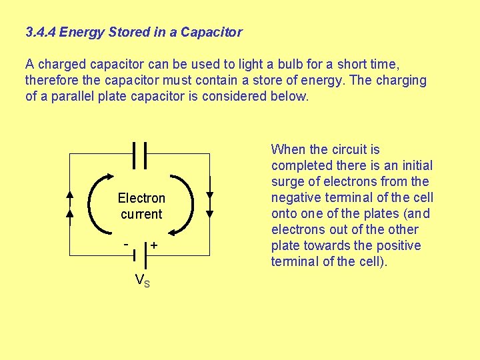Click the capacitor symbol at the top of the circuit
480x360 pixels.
139,154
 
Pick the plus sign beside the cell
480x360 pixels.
154,245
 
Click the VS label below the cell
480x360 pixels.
142,281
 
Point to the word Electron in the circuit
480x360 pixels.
141,198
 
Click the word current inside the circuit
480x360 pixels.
141,214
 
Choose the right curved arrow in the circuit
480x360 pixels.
186,203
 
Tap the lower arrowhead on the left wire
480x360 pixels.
71,215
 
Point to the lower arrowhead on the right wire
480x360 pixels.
209,214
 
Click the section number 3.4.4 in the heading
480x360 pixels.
40,32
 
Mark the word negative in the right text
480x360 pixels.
294,198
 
